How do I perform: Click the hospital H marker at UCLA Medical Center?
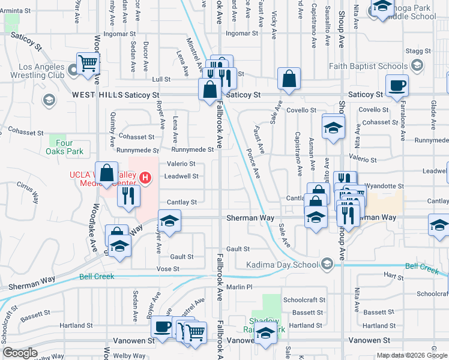[x=145, y=177]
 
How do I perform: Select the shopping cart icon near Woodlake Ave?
[x=88, y=62]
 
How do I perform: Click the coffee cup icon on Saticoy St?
[x=396, y=85]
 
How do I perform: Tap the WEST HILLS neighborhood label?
[x=97, y=95]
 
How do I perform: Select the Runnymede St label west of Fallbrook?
[x=193, y=149]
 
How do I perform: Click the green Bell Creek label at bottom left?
[x=97, y=277]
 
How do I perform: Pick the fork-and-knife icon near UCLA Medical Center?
[x=128, y=195]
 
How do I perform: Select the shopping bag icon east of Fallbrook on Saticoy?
[x=289, y=78]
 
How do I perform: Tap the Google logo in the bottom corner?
[x=20, y=353]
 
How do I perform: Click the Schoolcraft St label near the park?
[x=304, y=299]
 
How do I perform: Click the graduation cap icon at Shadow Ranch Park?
[x=265, y=332]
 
